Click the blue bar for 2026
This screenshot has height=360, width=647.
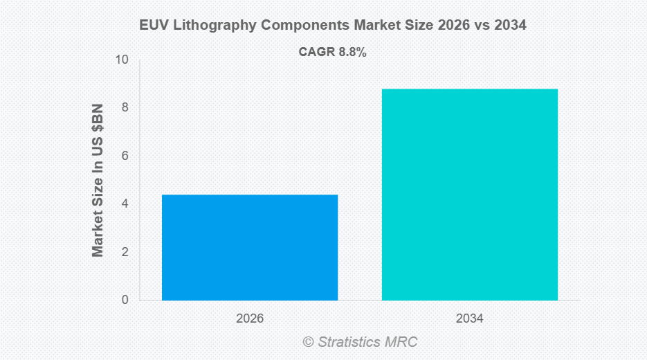[250, 247]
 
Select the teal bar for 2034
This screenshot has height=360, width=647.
[470, 195]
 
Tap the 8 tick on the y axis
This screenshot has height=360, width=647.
[125, 108]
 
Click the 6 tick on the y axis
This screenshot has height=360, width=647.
[125, 156]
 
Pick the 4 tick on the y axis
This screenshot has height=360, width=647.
[125, 204]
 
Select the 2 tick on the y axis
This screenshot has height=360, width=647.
[125, 252]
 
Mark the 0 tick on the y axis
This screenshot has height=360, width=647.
[125, 300]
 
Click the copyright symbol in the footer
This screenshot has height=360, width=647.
[309, 342]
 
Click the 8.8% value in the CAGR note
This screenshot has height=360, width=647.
[352, 52]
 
